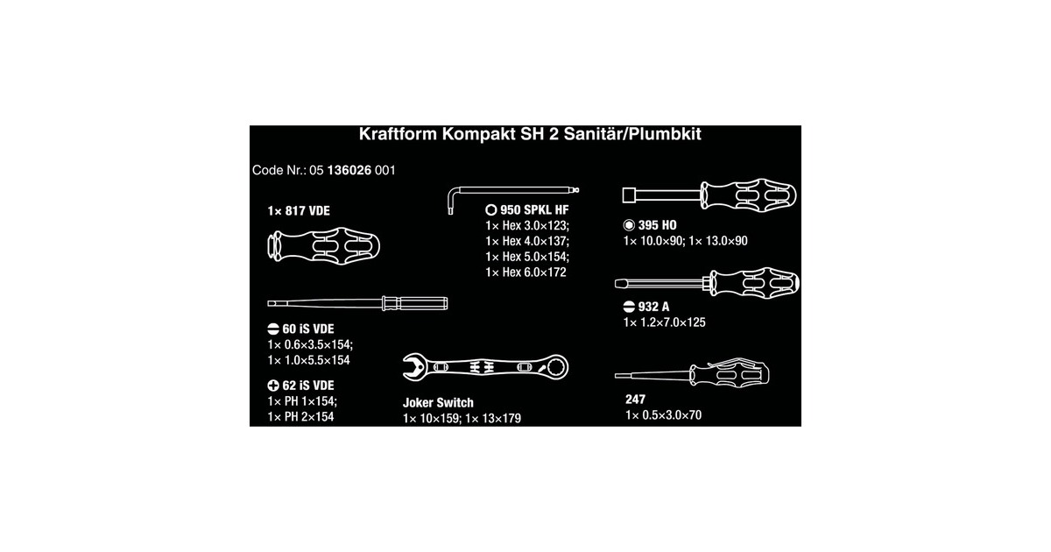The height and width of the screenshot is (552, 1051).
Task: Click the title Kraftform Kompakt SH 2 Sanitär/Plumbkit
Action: point(530,135)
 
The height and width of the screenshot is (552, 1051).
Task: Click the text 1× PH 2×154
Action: point(300,417)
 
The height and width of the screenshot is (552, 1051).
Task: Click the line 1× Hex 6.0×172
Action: point(525,272)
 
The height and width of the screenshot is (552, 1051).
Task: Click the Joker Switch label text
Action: point(438,403)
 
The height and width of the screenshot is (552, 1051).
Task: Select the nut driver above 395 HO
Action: point(709,195)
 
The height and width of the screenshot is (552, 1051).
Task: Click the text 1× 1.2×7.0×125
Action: point(664,322)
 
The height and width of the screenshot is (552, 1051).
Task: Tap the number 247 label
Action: point(636,399)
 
